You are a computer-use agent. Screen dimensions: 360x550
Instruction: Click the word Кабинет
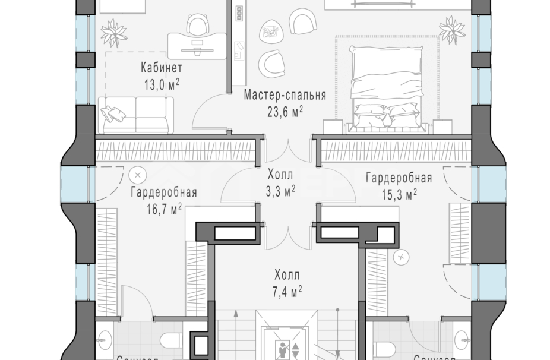tap(162, 67)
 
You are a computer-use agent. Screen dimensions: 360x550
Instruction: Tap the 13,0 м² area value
tap(162, 84)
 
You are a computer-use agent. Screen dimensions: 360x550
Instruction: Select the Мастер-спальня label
tap(285, 95)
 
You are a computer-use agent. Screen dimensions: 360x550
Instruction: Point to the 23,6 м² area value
tap(285, 111)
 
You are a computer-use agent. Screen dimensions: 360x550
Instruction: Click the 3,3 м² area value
tap(280, 191)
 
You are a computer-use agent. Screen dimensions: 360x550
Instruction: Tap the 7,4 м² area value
tap(288, 290)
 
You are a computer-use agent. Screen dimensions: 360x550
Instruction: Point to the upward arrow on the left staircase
tap(236, 315)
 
